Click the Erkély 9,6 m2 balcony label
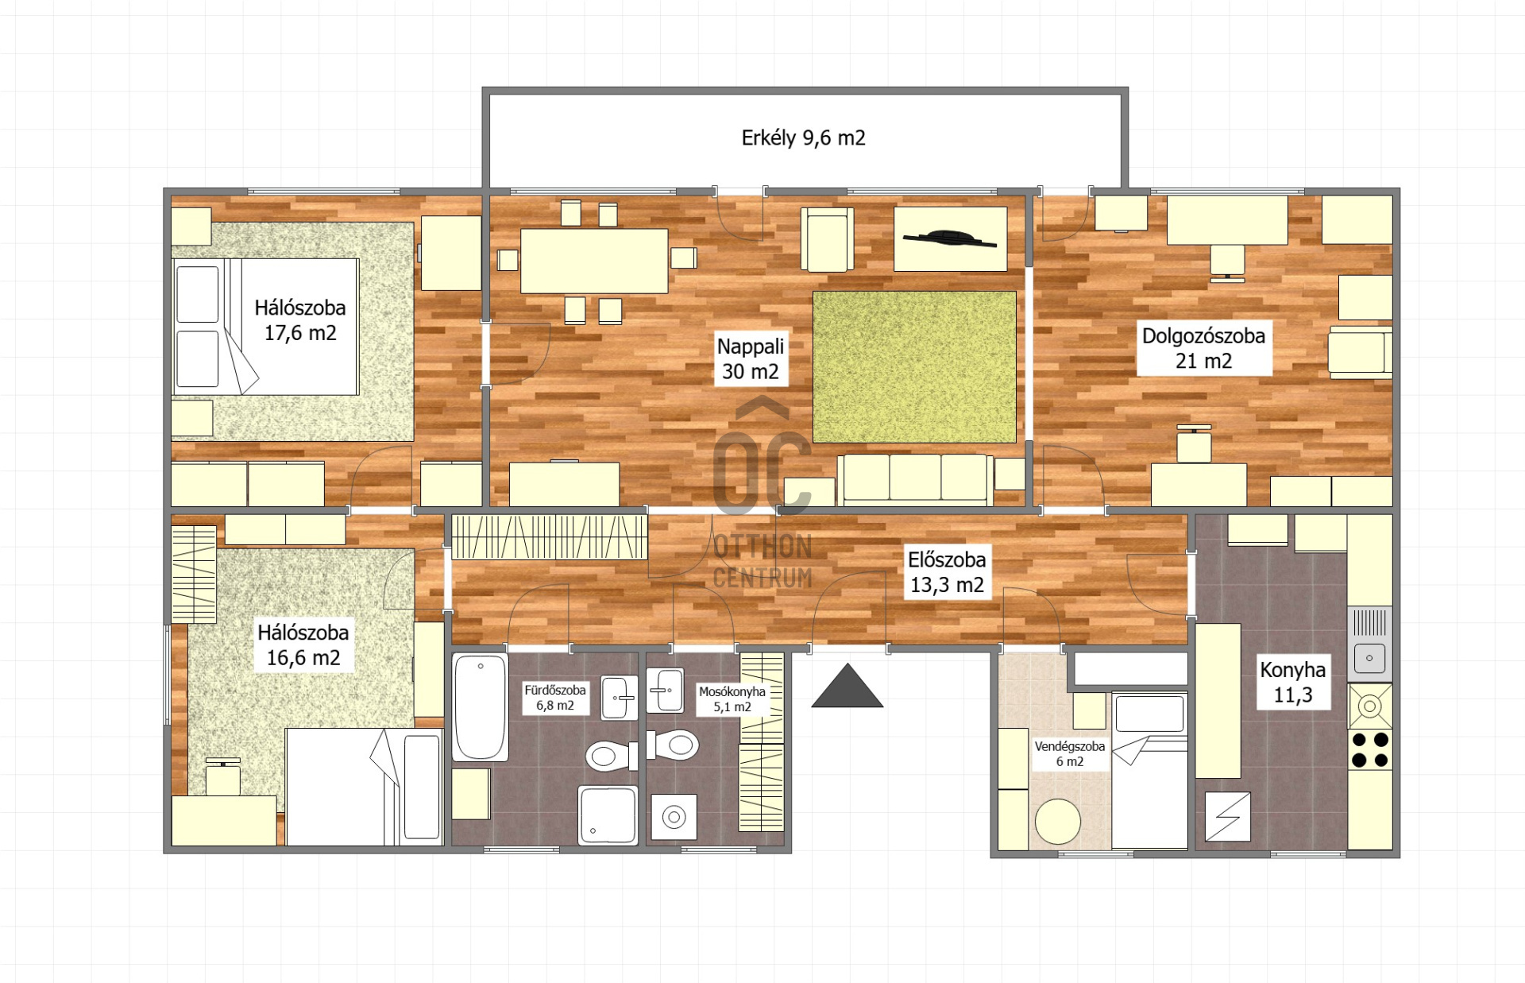click(x=803, y=138)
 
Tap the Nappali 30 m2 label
click(x=751, y=358)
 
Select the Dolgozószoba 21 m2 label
click(x=1203, y=348)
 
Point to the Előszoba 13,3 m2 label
click(x=947, y=572)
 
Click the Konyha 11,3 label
click(x=1292, y=682)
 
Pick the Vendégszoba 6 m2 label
click(x=1069, y=754)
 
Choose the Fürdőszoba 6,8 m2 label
click(x=554, y=698)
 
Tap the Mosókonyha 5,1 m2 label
click(x=732, y=699)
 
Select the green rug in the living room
click(x=914, y=367)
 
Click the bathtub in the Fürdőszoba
click(x=480, y=707)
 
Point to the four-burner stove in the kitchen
click(x=1370, y=749)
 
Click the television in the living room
click(x=950, y=238)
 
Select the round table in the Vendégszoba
click(x=1058, y=821)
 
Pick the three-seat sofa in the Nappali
click(x=915, y=479)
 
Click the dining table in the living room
click(x=594, y=261)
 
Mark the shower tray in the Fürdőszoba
click(x=608, y=815)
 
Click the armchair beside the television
click(x=827, y=239)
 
